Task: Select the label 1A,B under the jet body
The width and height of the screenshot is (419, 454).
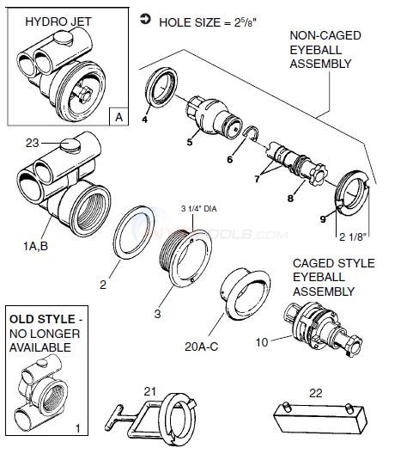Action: pos(35,243)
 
